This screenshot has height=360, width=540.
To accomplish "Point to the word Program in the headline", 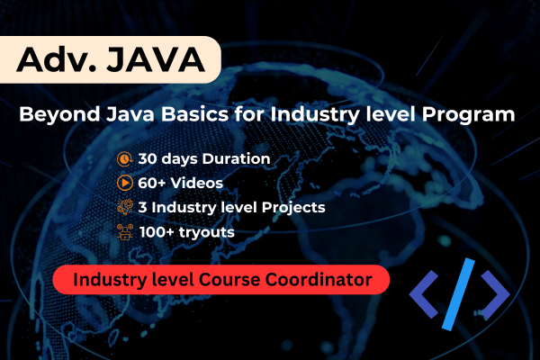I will (481, 115).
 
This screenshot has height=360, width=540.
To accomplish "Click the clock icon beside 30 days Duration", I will (123, 158).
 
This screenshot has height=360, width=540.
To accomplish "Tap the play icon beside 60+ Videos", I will (123, 183).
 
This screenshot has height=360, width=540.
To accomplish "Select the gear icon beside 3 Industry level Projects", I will (123, 207).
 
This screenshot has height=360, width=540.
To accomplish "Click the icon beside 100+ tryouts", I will (123, 231).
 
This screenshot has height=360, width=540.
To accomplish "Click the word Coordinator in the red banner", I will (320, 280).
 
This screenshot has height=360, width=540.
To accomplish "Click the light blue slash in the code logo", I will (460, 292).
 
